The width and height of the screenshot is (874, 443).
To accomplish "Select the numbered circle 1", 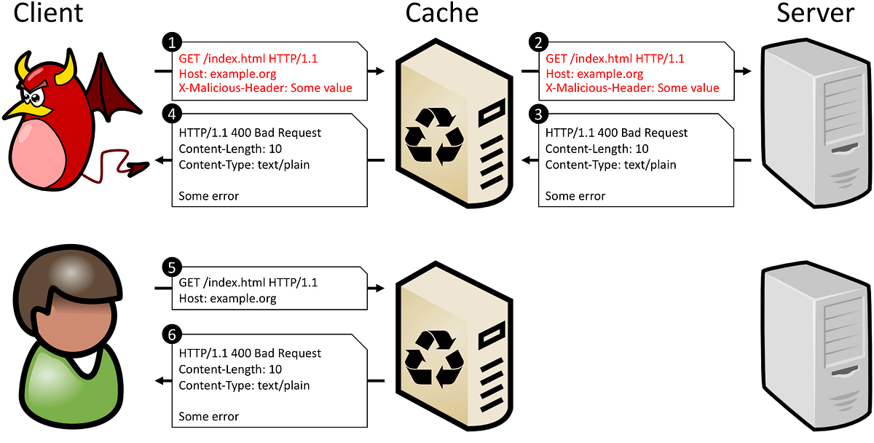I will tap(171, 42).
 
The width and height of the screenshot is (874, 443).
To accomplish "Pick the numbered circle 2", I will tap(538, 42).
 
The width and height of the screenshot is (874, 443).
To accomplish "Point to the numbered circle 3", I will tap(538, 114).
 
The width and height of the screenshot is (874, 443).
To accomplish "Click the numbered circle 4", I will tap(171, 114).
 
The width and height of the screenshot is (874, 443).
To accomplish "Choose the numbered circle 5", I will tap(171, 267).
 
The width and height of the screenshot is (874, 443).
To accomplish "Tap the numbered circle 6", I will tap(171, 335).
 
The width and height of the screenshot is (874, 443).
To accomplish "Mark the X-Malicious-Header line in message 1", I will tap(265, 88).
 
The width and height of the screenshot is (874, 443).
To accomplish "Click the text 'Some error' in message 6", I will tap(208, 417).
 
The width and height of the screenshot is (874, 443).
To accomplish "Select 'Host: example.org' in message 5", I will tap(227, 299).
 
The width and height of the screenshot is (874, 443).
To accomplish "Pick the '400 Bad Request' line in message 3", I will tap(616, 133).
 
